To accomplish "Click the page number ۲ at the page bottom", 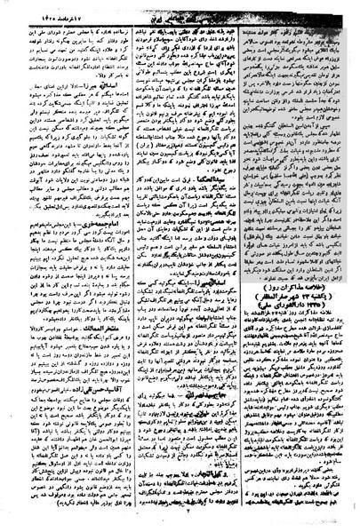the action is [x=181, y=525].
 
